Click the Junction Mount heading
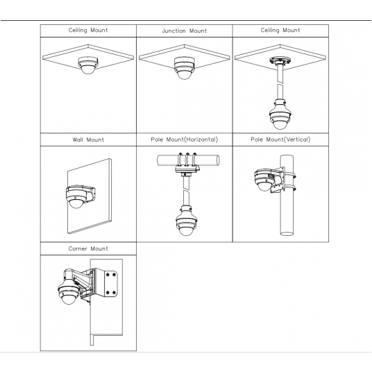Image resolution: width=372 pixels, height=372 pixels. pos(185,31)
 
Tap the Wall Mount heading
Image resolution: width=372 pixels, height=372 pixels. pos(88,139)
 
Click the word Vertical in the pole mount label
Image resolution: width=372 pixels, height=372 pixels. pos(297,139)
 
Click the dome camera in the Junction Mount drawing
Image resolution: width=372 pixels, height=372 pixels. pos(185,68)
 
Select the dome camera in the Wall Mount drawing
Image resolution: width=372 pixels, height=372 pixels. pos(76,196)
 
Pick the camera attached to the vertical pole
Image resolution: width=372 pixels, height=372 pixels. pos(264,180)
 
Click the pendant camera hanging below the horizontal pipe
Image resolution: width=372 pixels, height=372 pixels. pos(186,221)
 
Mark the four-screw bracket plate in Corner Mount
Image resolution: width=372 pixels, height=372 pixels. pos(110,284)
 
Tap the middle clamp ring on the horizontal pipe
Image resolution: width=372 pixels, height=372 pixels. pos(187,160)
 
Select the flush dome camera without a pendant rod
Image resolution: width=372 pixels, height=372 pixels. pos(88,65)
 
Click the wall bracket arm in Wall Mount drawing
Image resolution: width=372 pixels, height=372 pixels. pos(90,194)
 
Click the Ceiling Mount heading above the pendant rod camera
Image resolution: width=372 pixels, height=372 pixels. pos(280,31)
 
